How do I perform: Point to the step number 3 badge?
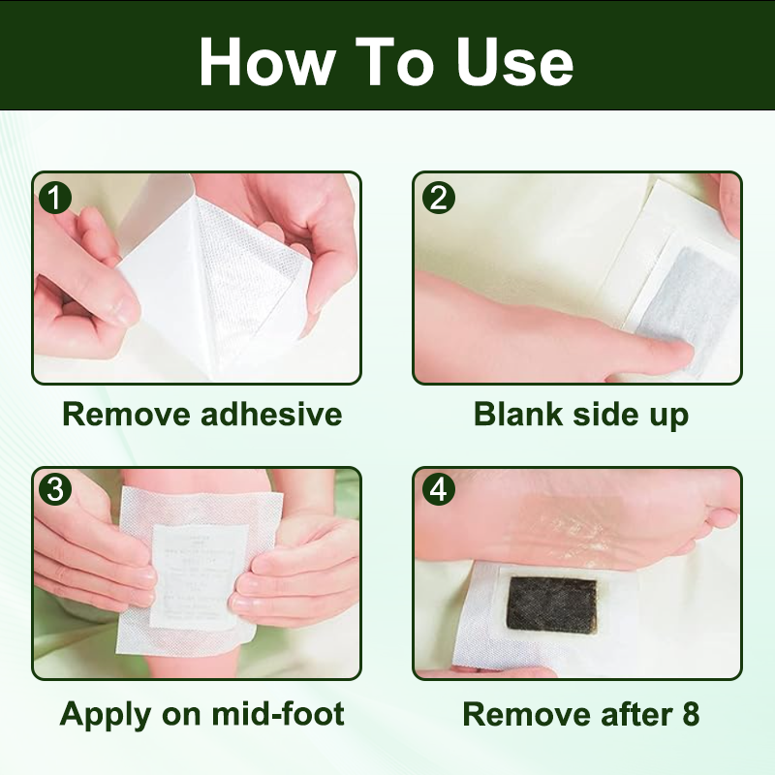(x=55, y=490)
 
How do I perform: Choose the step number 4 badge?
(x=438, y=490)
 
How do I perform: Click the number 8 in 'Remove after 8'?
(x=689, y=715)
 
